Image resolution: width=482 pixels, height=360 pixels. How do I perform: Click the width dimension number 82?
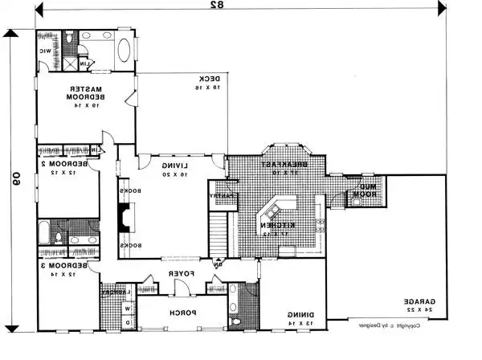click(215, 6)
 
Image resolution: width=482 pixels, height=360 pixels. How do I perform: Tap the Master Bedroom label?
click(85, 97)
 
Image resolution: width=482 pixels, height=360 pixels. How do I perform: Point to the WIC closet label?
click(46, 51)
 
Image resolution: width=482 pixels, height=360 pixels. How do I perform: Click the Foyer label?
click(178, 275)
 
